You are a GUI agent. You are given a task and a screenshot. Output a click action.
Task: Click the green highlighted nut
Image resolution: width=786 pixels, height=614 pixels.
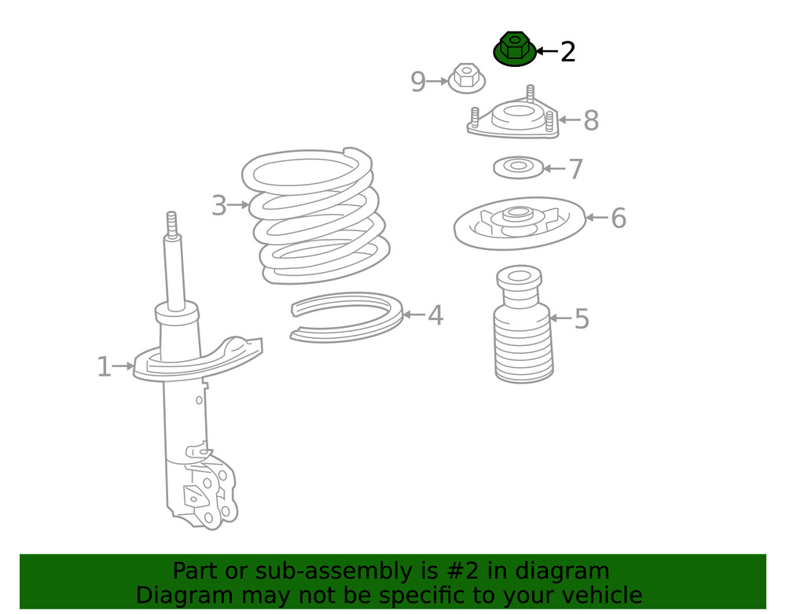click(514, 50)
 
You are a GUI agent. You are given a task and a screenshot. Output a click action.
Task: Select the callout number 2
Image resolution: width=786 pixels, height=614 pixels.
click(567, 52)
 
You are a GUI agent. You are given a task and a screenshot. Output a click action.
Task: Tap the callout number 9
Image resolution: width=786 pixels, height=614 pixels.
click(418, 81)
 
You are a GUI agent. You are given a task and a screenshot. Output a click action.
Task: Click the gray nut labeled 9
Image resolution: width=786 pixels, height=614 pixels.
click(466, 78)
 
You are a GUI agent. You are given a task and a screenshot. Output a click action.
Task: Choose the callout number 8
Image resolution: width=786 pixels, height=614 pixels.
click(591, 121)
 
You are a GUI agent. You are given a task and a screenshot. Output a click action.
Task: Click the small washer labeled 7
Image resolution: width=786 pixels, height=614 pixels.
click(519, 167)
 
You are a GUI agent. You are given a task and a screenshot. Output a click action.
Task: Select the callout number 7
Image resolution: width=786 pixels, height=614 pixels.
click(575, 169)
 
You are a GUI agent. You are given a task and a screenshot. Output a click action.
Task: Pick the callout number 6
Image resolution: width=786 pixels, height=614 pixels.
click(619, 219)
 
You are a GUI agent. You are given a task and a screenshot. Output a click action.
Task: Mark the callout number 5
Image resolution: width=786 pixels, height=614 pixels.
click(582, 319)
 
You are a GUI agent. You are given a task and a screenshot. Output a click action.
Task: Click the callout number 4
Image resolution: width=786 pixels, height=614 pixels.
click(435, 316)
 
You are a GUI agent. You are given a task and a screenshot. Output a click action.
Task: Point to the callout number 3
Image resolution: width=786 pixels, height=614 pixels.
click(219, 207)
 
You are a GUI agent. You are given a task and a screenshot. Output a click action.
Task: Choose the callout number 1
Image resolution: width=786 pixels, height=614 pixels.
click(104, 366)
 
